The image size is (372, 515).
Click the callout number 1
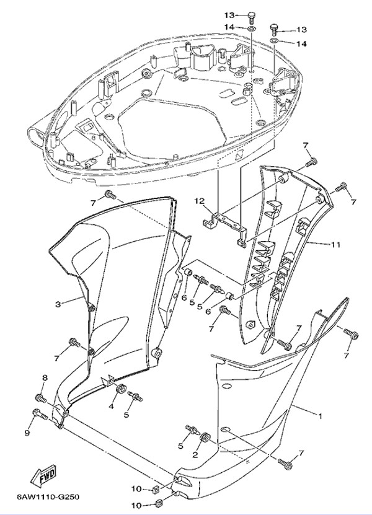tap(320, 416)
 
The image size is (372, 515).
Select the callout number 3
tap(58, 304)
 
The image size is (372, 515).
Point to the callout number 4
tap(112, 407)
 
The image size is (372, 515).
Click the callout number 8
tap(44, 377)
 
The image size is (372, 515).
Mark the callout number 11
tap(335, 245)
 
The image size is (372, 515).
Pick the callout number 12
tap(200, 201)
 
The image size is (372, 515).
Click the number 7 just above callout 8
tap(57, 358)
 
